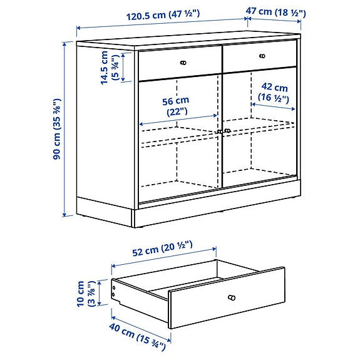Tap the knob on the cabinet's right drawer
click(x=261, y=56)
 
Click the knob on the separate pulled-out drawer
click(x=232, y=297)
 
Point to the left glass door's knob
click(x=219, y=131)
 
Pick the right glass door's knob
click(x=227, y=131)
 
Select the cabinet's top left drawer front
click(x=180, y=63)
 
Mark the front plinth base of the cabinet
click(x=213, y=213)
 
